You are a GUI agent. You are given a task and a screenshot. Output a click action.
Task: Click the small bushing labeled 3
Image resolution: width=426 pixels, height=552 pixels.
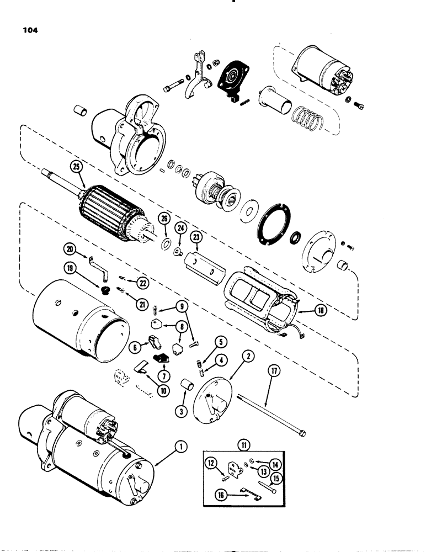(x=188, y=384)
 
